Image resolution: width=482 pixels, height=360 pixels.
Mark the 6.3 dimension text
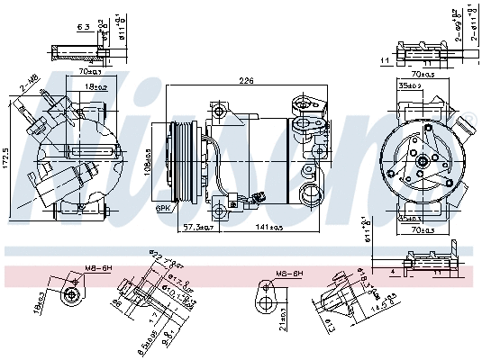[82, 28]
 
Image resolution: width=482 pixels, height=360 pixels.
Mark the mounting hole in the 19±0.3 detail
[72, 293]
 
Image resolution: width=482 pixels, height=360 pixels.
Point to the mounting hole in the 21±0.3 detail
[265, 290]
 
